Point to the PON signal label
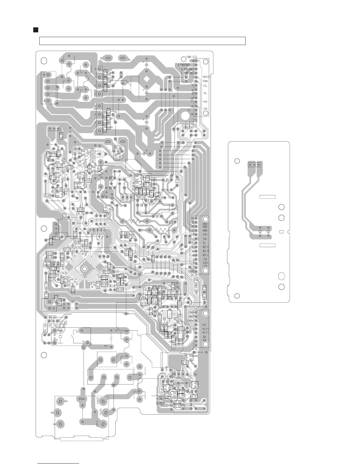tap(205, 81)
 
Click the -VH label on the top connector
tap(205, 109)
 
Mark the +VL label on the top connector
tap(205, 85)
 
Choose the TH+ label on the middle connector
tap(205, 234)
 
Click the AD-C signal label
tap(206, 247)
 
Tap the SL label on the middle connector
tap(204, 243)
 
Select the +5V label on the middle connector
tap(205, 259)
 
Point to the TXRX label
tap(190, 320)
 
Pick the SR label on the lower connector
tap(204, 337)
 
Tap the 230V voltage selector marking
tap(97, 400)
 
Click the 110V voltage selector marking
tap(96, 424)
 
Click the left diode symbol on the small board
tap(260, 232)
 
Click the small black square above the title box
tap(36, 30)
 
